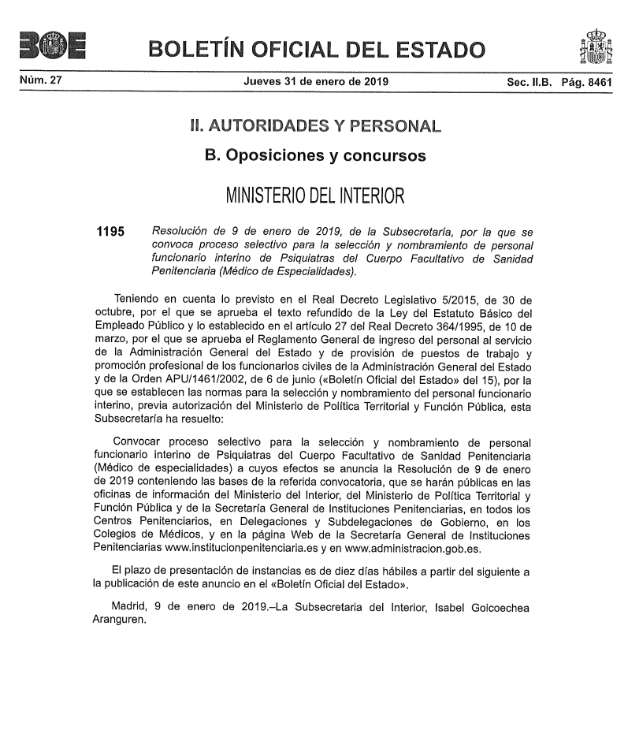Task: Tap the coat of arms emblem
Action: [x=595, y=47]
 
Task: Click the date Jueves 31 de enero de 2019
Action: [x=315, y=81]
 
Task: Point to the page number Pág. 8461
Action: [x=586, y=81]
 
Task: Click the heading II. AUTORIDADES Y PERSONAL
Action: [x=315, y=125]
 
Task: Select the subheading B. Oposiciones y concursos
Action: [x=315, y=155]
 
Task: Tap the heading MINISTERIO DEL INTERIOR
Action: [x=315, y=194]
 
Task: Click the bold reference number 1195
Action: [x=110, y=233]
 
